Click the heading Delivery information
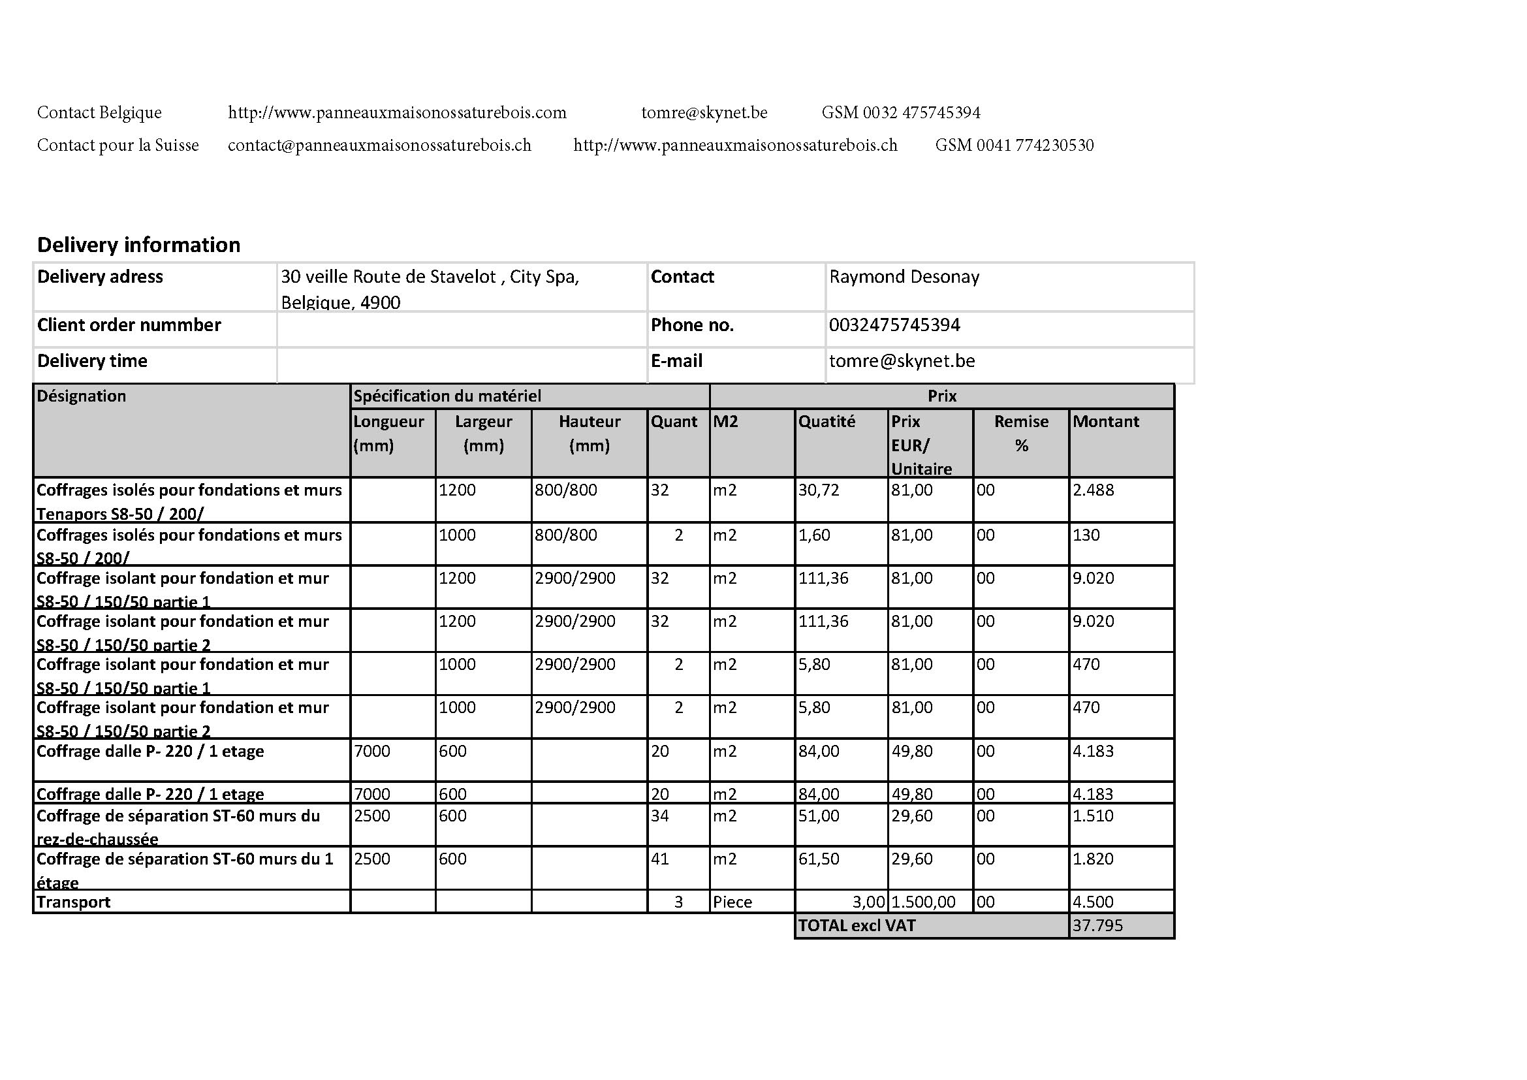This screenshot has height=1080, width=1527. click(x=138, y=245)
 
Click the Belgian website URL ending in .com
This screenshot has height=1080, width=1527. click(x=397, y=112)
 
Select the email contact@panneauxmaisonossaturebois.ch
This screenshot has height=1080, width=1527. click(x=379, y=145)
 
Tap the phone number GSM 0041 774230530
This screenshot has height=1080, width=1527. click(x=1015, y=145)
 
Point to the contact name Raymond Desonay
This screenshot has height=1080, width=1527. click(x=904, y=277)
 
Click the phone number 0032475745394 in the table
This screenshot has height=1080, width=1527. click(x=894, y=325)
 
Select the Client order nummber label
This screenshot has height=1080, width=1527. click(x=129, y=325)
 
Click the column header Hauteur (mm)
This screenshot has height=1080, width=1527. click(x=590, y=433)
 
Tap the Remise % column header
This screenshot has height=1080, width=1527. click(x=1021, y=433)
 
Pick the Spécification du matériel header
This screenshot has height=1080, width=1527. click(x=447, y=396)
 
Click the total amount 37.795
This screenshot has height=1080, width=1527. click(x=1097, y=926)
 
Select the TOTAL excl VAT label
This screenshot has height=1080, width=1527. click(x=857, y=926)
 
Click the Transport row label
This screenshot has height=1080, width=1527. click(x=73, y=902)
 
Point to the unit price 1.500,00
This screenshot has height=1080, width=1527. click(x=923, y=902)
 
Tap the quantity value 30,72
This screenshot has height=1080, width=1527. click(x=819, y=490)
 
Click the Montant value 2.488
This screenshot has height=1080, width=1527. click(x=1093, y=490)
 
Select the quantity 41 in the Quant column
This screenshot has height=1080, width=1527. click(x=660, y=859)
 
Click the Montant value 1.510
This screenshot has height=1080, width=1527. click(x=1093, y=816)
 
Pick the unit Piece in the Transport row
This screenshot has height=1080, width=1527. click(x=732, y=902)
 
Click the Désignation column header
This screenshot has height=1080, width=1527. click(x=81, y=396)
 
